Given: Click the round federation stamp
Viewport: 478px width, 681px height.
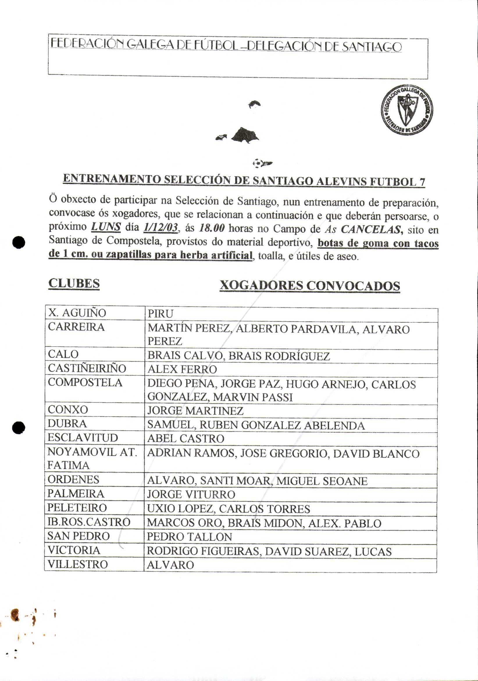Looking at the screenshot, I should click(x=406, y=110).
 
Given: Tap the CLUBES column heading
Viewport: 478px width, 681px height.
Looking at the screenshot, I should click(x=74, y=284).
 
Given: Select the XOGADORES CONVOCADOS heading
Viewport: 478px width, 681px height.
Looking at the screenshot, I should click(x=310, y=286).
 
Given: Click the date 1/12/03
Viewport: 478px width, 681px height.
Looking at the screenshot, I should click(x=160, y=227).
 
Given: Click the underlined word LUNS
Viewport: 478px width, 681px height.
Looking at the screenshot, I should click(x=106, y=227).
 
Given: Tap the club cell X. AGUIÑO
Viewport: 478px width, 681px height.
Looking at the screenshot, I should click(x=77, y=313).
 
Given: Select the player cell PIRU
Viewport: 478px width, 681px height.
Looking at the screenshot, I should click(x=160, y=314).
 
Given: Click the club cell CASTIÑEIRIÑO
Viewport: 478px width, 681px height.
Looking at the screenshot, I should click(x=87, y=368).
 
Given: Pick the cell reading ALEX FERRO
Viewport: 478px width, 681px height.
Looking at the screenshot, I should click(x=182, y=370).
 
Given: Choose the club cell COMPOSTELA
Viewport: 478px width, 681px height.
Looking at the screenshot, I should click(x=85, y=383).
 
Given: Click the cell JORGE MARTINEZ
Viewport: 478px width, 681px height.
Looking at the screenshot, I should click(x=195, y=411).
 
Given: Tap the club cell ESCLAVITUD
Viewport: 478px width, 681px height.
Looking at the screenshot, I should click(x=83, y=438).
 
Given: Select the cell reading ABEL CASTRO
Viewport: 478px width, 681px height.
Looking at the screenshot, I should click(x=186, y=439).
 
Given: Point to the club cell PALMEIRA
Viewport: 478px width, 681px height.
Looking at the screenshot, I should click(x=76, y=494).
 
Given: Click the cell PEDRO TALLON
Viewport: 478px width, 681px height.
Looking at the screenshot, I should click(x=189, y=537).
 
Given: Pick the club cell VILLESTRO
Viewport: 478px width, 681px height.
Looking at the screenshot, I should click(x=78, y=564).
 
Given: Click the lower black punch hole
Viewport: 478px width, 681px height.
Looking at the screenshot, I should click(x=18, y=428).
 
